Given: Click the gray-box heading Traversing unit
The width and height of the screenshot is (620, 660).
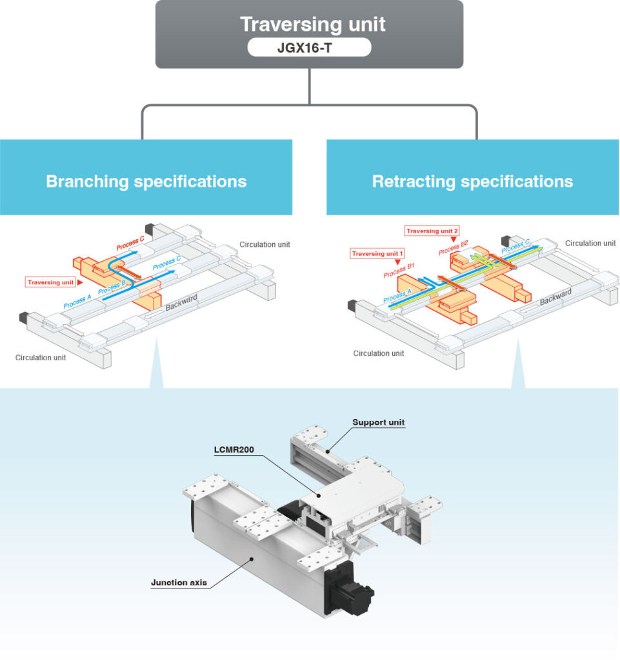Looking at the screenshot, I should click(x=312, y=24).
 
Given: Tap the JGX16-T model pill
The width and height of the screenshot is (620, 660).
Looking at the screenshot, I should click(x=309, y=47).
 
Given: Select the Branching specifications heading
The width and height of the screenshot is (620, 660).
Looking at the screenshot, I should click(x=146, y=181).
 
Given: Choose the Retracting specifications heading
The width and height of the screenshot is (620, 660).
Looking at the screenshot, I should click(x=472, y=181).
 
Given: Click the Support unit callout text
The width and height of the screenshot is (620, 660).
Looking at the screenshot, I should click(x=378, y=423).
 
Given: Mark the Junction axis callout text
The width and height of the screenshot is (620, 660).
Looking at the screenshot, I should click(x=179, y=582).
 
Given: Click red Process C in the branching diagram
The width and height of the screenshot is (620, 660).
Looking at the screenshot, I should click(x=130, y=244).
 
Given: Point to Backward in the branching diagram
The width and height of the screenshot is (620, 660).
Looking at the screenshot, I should click(x=181, y=302).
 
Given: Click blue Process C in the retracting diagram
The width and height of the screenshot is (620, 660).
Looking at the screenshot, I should click(x=515, y=246).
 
